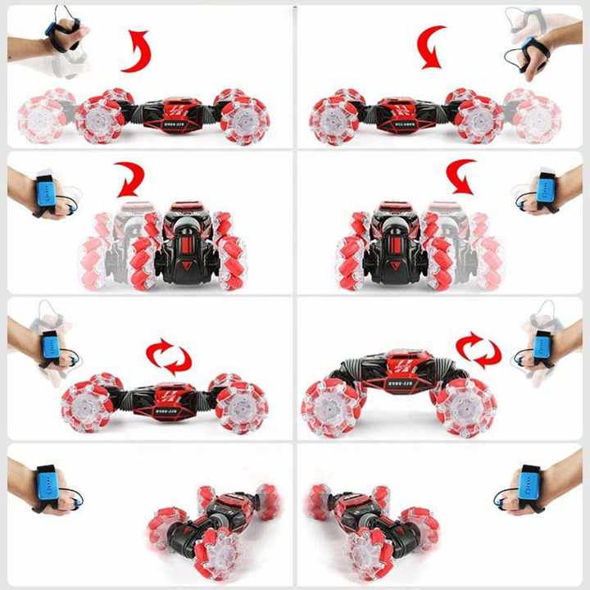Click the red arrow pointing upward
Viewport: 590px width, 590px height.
(137, 51)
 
